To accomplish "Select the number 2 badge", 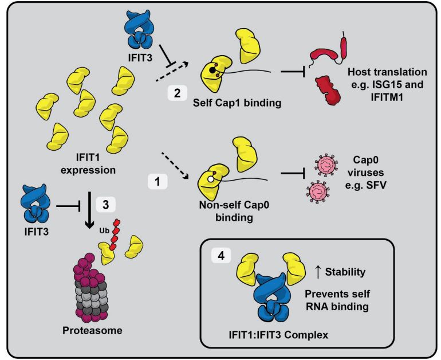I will coord(174,92).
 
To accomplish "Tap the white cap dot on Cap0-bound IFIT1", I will coord(211,179).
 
